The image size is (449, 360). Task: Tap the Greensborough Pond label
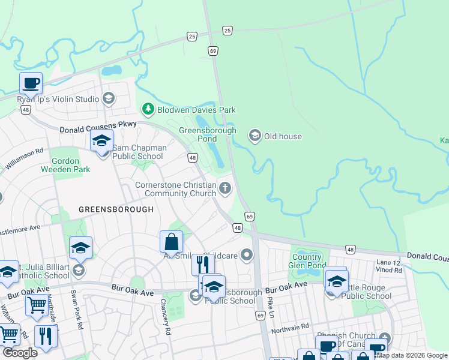[208, 135]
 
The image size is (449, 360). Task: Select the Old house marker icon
[255, 136]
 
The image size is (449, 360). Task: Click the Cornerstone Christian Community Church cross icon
[225, 188]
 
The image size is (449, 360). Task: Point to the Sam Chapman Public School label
[137, 152]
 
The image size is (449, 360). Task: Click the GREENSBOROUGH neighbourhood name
[116, 209]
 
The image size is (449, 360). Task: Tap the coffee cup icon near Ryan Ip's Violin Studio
[30, 83]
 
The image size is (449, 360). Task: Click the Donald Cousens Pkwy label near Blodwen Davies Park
[98, 127]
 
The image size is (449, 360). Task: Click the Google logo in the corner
[20, 352]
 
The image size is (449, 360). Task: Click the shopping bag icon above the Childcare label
[171, 242]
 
